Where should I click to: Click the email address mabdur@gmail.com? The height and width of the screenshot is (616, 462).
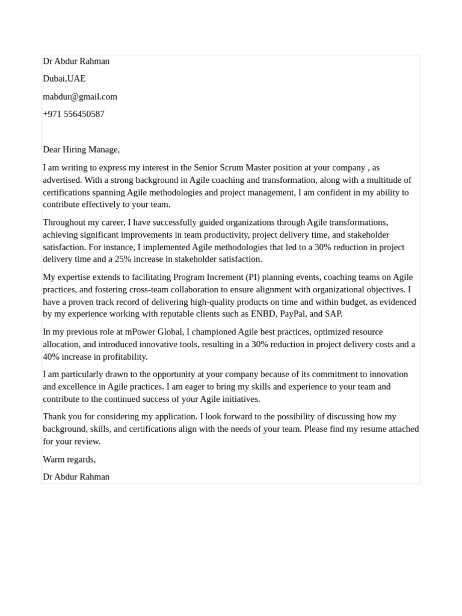pos(80,96)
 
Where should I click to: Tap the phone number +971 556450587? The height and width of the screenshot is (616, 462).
pos(73,114)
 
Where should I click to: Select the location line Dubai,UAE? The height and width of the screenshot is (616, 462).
pos(64,79)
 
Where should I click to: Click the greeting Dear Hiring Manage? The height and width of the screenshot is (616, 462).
pos(81,149)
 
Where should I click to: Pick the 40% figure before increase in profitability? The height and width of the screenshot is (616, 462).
pos(51,357)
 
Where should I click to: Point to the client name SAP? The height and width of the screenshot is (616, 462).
pos(333,314)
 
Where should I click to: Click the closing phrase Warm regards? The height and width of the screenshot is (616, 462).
pos(69,460)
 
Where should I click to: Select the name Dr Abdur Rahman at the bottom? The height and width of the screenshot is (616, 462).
pos(76,477)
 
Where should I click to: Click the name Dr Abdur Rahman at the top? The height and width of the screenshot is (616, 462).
pos(76,61)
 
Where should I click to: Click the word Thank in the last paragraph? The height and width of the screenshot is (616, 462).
pos(55,416)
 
